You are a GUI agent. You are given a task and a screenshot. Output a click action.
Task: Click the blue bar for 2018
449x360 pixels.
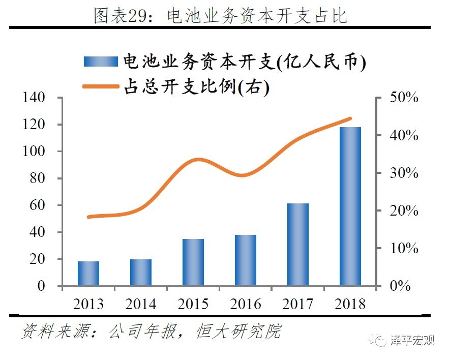[x=350, y=206]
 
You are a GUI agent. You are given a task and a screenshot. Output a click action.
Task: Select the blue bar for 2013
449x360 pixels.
[x=88, y=274]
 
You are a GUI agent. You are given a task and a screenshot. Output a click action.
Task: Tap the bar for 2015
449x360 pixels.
[x=193, y=262]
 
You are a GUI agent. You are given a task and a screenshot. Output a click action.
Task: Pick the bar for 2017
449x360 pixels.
[x=298, y=245]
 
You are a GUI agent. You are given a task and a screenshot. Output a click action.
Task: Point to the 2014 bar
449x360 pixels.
[x=141, y=273]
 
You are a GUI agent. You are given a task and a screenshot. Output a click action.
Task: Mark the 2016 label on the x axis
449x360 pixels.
[x=246, y=304]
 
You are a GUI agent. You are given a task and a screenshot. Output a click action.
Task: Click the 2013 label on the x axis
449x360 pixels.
[x=88, y=304]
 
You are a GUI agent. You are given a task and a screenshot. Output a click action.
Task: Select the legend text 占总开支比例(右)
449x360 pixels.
[x=196, y=87]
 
